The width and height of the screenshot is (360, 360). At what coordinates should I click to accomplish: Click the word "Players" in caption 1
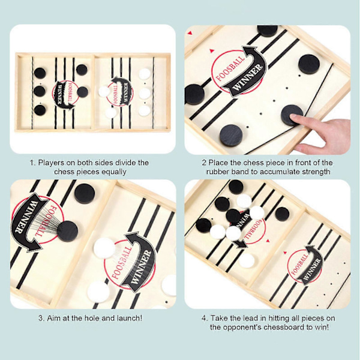[51, 163]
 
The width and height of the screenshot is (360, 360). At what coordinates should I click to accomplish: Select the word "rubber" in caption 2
[216, 172]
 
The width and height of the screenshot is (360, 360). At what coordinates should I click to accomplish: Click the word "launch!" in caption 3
[130, 318]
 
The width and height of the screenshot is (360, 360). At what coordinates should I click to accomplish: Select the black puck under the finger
[292, 115]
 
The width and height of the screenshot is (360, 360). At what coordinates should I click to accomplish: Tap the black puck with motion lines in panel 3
[67, 231]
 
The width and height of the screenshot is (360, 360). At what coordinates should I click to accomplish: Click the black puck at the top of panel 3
[85, 193]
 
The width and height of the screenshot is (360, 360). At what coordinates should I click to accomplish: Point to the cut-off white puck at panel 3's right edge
[169, 286]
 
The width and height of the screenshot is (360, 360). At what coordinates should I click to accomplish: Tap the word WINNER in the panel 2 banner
[247, 77]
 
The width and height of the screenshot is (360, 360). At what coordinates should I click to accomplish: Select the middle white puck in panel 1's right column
[145, 93]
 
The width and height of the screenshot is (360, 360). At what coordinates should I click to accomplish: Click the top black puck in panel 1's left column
[40, 73]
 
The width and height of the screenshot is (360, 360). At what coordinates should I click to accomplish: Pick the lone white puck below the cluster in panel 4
[247, 260]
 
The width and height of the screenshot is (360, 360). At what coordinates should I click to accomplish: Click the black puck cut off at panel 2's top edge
[267, 31]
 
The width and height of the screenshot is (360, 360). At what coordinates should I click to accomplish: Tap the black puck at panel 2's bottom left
[231, 136]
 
